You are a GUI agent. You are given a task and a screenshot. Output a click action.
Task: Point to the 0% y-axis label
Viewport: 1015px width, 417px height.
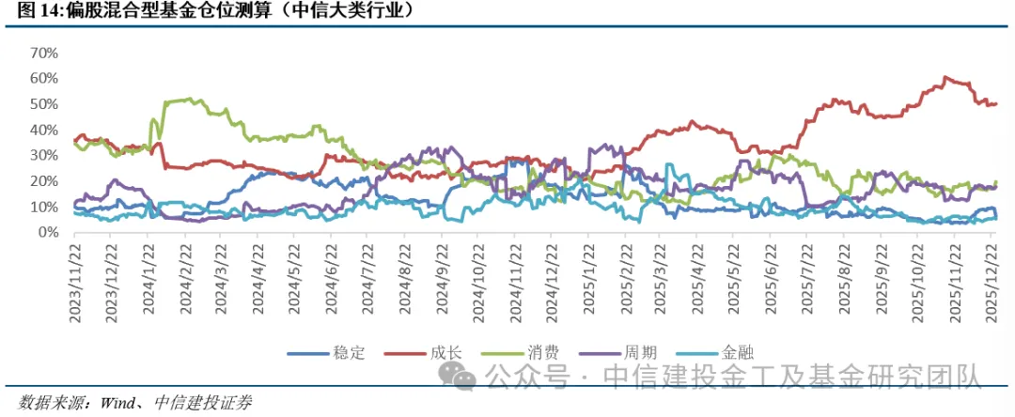coord(49,233)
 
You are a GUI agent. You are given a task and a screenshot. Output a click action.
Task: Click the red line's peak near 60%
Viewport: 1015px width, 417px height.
coord(945,78)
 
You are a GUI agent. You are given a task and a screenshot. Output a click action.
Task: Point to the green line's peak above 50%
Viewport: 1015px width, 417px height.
coord(188,99)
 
